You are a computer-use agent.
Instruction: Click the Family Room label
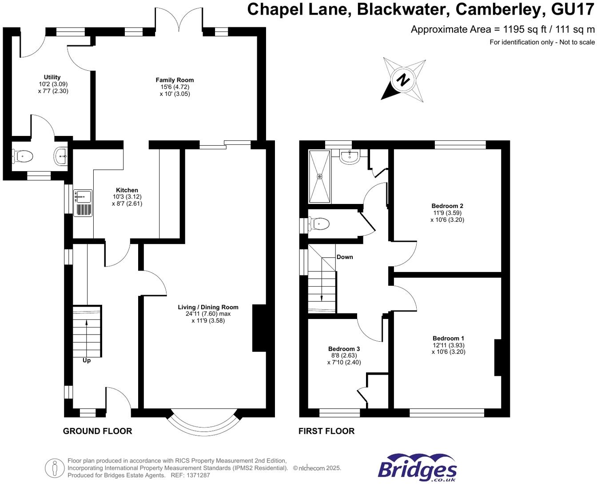(175, 80)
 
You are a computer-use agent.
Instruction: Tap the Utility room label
(52, 77)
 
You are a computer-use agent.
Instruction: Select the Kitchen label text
(127, 190)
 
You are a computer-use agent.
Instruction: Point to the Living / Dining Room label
(208, 307)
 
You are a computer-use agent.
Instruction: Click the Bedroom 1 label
(448, 338)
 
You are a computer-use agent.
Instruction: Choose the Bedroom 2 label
(447, 206)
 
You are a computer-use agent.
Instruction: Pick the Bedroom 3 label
(344, 349)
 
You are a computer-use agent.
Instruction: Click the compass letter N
(403, 80)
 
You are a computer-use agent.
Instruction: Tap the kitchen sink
(83, 196)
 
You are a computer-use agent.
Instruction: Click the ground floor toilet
(23, 156)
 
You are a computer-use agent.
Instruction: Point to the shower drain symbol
(319, 176)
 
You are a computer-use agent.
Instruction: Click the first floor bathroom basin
(350, 156)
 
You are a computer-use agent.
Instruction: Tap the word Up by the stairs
(87, 360)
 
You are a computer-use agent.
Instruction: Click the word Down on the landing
(345, 257)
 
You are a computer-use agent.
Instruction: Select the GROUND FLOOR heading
(97, 431)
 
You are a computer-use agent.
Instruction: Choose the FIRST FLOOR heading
(326, 431)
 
